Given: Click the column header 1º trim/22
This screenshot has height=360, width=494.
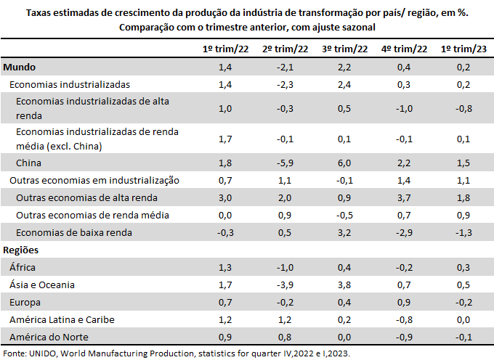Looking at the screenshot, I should tap(224, 49).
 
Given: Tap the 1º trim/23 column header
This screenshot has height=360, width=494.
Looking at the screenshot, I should tap(463, 49).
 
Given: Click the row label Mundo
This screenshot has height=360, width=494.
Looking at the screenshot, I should tap(20, 67).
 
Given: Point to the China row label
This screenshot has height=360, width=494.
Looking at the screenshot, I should tap(28, 163).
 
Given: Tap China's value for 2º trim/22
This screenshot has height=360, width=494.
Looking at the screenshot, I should tap(284, 163).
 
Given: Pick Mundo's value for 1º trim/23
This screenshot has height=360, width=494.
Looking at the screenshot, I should tap(463, 67).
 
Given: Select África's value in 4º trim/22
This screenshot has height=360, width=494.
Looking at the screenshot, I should tap(403, 267).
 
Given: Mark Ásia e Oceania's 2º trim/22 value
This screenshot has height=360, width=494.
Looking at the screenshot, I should tap(284, 285).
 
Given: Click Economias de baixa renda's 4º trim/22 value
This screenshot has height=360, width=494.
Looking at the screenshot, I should tap(403, 232).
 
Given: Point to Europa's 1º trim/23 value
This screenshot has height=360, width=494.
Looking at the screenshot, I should tap(463, 302).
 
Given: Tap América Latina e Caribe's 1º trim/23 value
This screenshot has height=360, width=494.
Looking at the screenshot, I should tap(463, 319).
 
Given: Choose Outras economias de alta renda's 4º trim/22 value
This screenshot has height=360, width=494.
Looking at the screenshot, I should tap(403, 197).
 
